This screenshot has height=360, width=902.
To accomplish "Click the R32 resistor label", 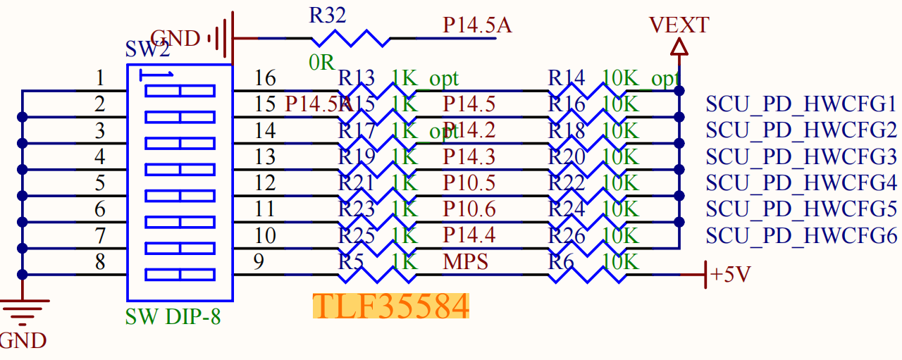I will coord(328,16).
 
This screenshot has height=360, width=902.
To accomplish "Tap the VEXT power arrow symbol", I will coord(679,47).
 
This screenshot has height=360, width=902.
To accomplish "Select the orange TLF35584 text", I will coord(390,306).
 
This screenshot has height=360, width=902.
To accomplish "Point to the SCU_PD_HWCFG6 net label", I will coord(801,236).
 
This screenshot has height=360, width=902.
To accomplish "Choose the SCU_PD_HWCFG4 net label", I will coord(801,183).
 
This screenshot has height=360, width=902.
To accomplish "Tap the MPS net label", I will coord(466,262).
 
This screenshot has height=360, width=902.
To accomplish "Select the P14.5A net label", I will coord(477,26).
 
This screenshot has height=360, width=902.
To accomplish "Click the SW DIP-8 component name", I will coord(173,316).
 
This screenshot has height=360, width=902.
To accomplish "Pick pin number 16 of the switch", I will coord(265,78).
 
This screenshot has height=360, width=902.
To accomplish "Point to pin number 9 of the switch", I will coord(259,263).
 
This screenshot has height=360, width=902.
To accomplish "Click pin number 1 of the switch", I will coord(100,78).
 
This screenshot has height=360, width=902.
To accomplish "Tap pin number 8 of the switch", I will coord(100,263).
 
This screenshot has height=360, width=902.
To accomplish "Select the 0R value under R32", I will coord(321,62).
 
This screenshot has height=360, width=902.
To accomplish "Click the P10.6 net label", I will coord(469,209).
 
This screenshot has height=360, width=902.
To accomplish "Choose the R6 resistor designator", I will coord(561,262).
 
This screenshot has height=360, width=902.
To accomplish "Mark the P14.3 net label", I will coord(469,156).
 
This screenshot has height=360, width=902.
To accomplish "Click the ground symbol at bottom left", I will coord(23,307).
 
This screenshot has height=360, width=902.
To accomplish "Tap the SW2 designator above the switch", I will coord(147,49).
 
